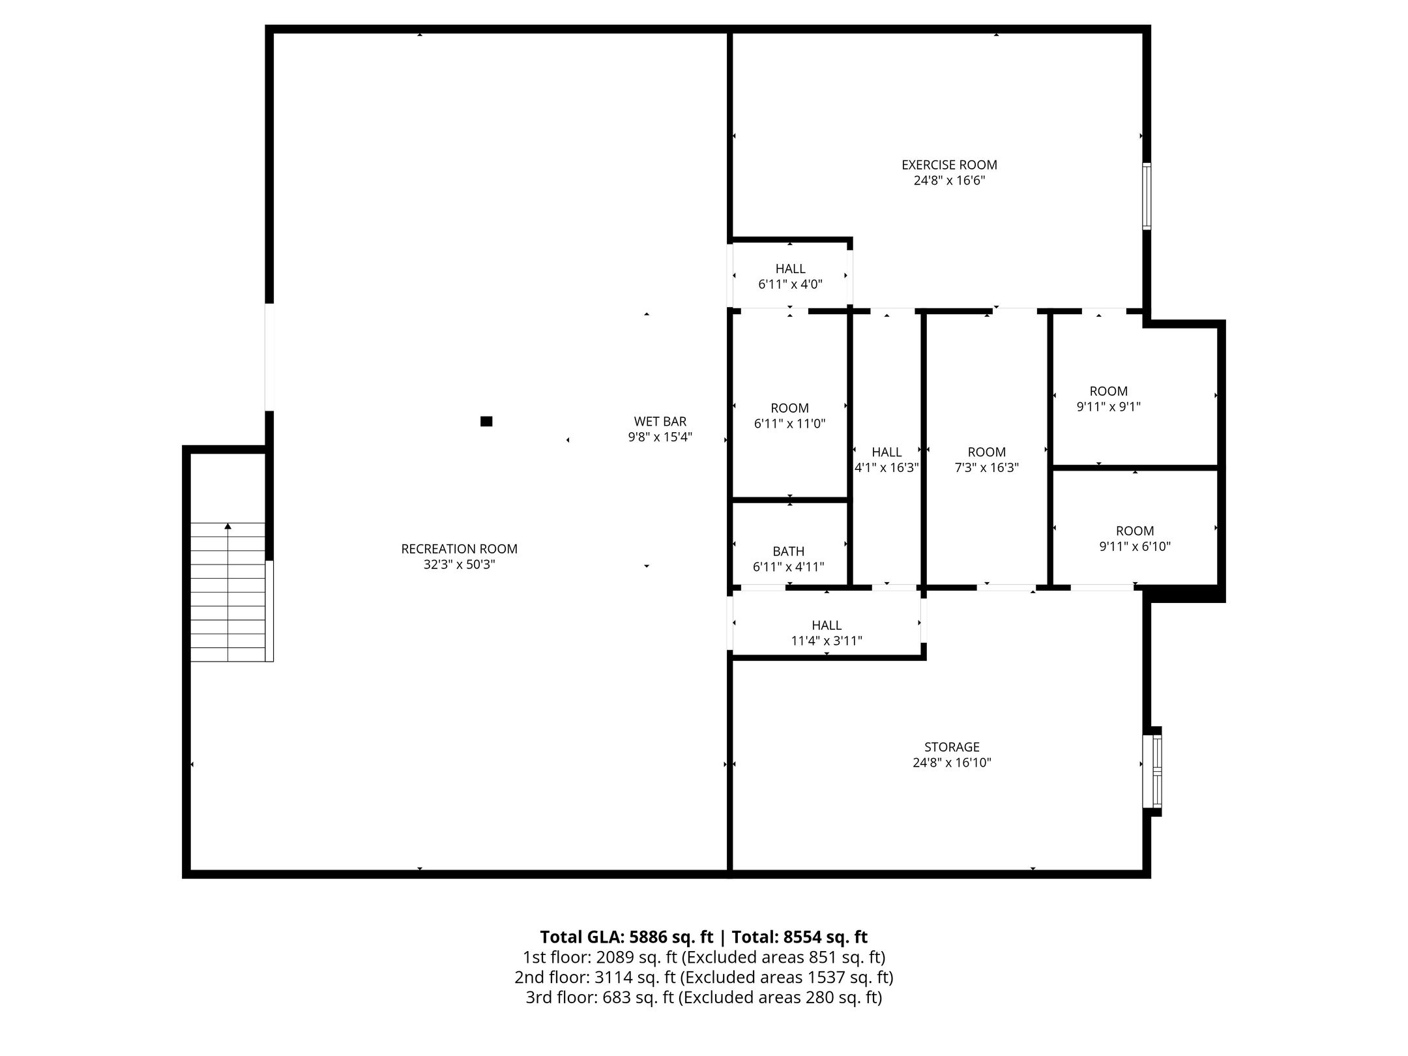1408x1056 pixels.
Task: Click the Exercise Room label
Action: (x=949, y=165)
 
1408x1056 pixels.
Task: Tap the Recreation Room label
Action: (x=460, y=549)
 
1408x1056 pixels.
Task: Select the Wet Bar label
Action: (x=660, y=422)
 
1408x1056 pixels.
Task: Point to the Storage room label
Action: (x=952, y=747)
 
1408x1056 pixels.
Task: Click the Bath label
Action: (x=789, y=551)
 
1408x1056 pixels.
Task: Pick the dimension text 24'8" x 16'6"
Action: (x=949, y=181)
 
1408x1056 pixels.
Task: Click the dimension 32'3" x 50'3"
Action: (x=460, y=565)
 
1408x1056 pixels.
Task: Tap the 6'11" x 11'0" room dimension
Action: (x=790, y=424)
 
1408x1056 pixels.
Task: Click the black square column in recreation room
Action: (x=486, y=422)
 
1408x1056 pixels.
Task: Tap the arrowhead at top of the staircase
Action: (x=228, y=525)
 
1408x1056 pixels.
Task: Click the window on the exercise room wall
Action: (x=1147, y=196)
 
